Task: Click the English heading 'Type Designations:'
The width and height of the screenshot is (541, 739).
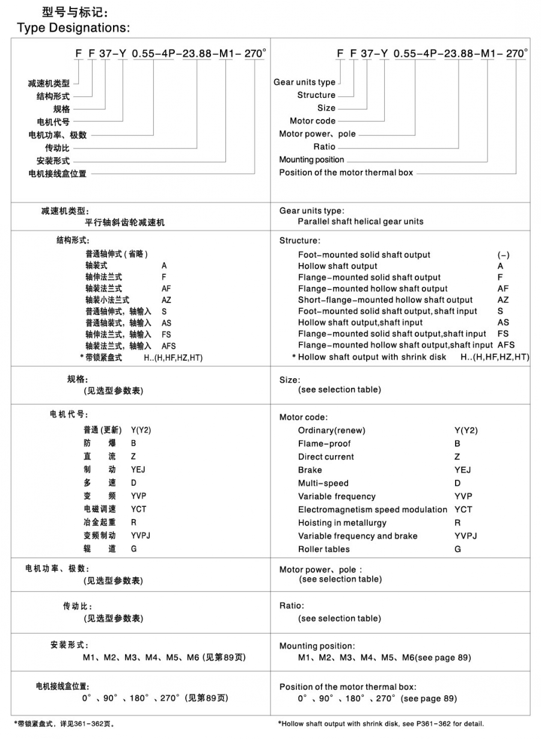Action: tap(73, 28)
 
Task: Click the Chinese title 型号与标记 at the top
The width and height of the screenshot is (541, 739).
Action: tap(76, 12)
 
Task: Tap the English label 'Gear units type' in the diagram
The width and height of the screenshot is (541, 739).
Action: tap(305, 82)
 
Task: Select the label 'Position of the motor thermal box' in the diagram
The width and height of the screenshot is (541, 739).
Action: tap(346, 173)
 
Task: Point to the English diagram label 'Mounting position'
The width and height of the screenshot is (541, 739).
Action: tap(311, 159)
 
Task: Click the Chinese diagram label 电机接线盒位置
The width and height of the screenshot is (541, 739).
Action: tap(58, 174)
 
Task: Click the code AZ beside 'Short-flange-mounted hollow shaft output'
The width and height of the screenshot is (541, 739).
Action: tap(503, 300)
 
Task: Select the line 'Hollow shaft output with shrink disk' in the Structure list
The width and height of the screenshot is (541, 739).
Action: tap(372, 357)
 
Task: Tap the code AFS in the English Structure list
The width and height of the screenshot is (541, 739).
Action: tap(506, 345)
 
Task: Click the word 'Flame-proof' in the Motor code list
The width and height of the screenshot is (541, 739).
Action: tap(323, 444)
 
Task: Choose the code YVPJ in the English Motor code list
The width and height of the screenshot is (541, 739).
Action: tap(466, 536)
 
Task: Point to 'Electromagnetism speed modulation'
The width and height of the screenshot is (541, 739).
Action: tap(373, 509)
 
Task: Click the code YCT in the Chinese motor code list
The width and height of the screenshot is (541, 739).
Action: tap(139, 509)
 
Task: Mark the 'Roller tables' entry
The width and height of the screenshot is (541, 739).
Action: tap(324, 549)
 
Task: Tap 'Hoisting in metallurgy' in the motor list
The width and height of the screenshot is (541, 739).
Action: tap(342, 523)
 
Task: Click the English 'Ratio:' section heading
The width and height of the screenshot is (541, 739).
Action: tap(292, 606)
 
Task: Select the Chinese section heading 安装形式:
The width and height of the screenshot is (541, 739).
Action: tap(70, 645)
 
